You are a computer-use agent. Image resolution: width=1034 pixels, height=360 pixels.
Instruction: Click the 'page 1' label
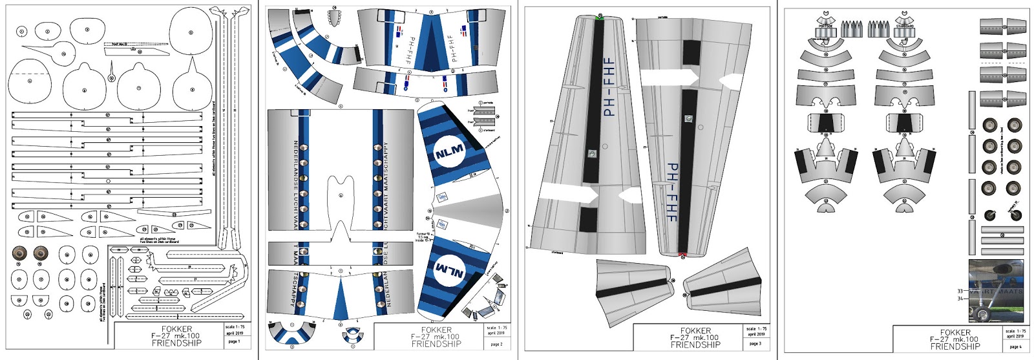pos(234,341)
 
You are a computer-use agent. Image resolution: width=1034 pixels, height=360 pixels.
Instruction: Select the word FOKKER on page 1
pos(176,329)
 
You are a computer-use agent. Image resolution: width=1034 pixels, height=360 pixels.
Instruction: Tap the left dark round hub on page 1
pos(19,253)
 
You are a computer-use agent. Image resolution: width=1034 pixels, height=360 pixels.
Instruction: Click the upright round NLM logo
pos(449,153)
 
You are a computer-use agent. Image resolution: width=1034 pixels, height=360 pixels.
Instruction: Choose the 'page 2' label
pos(496,344)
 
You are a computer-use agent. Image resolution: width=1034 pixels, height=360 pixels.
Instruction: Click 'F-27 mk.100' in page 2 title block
pos(436,337)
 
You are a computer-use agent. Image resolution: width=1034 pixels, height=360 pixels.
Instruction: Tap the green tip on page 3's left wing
pos(600,17)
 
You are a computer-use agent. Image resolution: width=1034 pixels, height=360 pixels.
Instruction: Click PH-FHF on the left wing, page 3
pos(608,88)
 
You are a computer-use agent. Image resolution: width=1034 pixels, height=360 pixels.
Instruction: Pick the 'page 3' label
pos(755,344)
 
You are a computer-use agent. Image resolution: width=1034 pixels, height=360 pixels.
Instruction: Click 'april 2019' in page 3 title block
pos(755,334)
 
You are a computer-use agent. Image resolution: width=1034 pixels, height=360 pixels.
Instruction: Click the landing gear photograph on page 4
pos(995,290)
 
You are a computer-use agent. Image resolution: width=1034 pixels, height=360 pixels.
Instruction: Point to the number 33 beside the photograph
pos(960,291)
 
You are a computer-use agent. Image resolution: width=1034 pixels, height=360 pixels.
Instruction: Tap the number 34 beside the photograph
pos(960,299)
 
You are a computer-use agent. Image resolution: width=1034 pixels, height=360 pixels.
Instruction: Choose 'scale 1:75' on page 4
pos(1015,331)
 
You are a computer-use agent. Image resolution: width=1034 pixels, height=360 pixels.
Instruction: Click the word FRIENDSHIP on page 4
pos(955,346)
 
